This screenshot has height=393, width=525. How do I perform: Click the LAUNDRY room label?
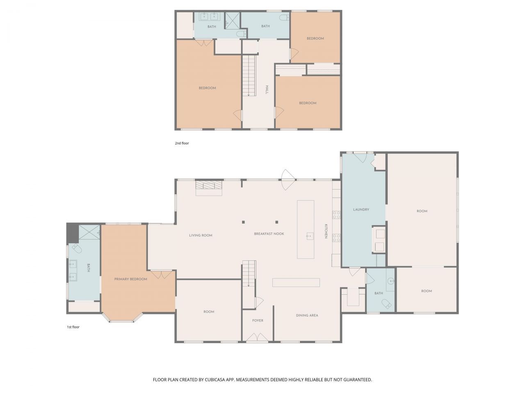pos(361,210)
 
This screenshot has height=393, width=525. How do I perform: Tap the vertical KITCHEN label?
pos(326,231)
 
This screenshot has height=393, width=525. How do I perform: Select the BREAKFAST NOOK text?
pos(269,234)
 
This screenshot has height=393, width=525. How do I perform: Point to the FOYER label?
pos(258,321)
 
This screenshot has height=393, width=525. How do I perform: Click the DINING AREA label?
pos(307,315)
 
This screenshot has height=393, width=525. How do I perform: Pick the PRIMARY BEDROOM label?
pos(130,279)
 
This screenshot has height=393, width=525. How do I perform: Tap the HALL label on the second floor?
pos(267,90)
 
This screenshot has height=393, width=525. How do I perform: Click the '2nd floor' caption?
pos(182,143)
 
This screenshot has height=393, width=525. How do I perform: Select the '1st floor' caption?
pos(73,327)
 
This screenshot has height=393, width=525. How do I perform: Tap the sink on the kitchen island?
pos(310,235)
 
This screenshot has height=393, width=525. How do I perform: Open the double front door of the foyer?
pos(258,337)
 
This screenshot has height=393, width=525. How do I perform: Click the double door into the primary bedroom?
pos(162,275)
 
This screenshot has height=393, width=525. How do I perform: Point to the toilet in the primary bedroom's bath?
pos(77,249)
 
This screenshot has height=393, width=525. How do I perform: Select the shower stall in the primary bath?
pos(89,232)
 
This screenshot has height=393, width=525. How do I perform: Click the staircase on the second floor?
pos(249,76)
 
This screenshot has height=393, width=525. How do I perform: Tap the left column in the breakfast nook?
pos(243,222)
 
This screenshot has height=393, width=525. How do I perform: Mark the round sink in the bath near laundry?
pos(391,281)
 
